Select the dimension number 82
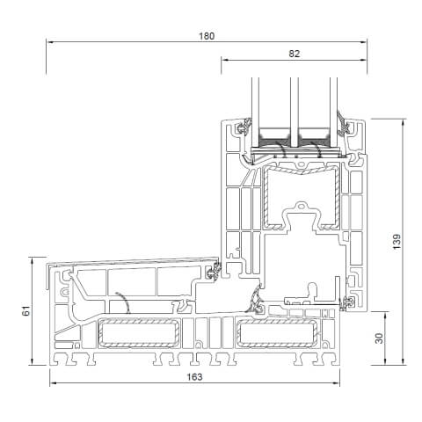point(294,54)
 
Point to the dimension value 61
point(25,311)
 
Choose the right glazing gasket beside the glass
point(346,132)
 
